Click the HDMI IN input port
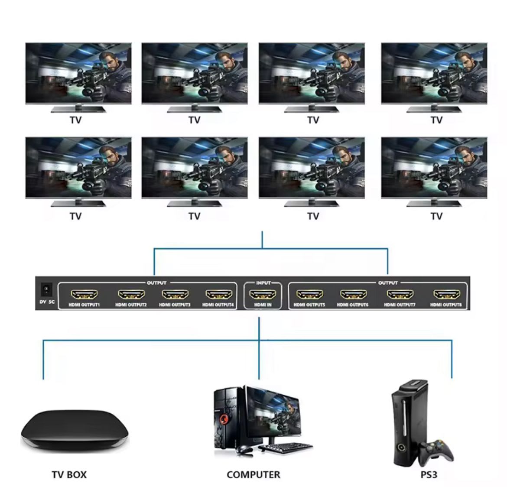[x=263, y=295]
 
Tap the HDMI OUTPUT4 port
[x=218, y=295]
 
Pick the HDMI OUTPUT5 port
[x=309, y=295]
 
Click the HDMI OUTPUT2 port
[x=131, y=295]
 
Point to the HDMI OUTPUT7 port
[x=400, y=295]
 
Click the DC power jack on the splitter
[x=46, y=288]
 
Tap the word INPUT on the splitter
[x=263, y=283]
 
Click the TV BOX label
[x=69, y=475]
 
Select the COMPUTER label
[x=253, y=475]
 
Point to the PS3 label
[x=429, y=475]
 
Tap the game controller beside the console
[x=437, y=451]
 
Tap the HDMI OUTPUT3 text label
[x=175, y=305]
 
